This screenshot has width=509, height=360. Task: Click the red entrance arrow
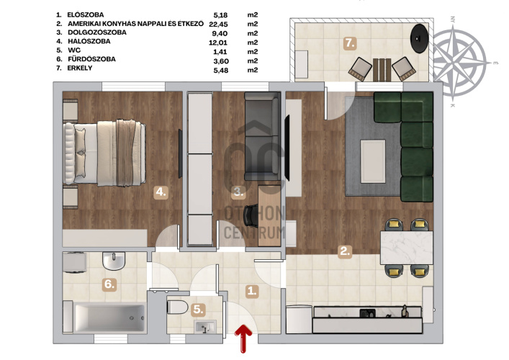point(243,338)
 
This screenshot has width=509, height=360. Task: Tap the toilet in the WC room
point(178,307)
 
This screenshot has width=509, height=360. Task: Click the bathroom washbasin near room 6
point(114,261)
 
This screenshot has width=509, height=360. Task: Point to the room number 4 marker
point(161,192)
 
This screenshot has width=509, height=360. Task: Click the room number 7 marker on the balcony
point(350,43)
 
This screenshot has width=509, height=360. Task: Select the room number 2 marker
point(345,251)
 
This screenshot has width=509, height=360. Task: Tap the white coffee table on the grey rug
point(373,161)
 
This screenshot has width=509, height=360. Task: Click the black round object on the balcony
point(419,38)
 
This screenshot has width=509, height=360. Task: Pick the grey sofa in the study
point(262,136)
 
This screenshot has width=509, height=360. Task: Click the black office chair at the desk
point(251,215)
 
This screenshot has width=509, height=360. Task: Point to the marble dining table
point(407,248)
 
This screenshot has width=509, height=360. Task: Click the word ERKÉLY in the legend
point(80,68)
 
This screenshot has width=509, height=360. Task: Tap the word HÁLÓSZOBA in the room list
point(89,41)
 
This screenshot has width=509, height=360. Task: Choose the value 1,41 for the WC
point(221,52)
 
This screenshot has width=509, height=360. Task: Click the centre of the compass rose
point(459,63)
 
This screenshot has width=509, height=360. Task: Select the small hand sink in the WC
point(205,327)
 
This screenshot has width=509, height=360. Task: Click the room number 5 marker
point(198,310)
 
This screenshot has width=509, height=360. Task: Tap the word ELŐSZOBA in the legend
point(86,15)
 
